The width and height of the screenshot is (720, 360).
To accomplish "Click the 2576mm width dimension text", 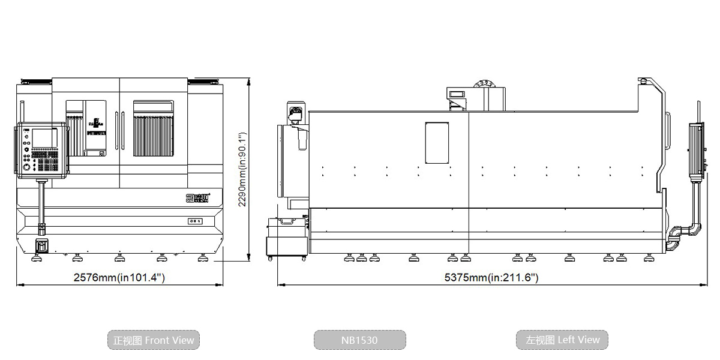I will [x=119, y=277].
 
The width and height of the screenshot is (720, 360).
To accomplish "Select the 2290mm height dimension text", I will [x=243, y=169].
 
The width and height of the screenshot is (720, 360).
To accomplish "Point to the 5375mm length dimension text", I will [x=491, y=277].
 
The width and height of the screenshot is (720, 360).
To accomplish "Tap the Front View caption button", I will [x=154, y=340].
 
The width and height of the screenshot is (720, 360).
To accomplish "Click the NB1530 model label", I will [x=359, y=340].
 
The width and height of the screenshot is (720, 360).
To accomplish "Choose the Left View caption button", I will [x=562, y=340].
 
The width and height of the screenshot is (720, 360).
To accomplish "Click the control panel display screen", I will [x=45, y=137].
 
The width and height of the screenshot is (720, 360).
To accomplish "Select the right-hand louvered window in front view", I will [x=153, y=128].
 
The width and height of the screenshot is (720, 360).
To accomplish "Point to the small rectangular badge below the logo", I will [x=195, y=221].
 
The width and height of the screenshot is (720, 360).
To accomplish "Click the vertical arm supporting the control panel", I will [x=41, y=204].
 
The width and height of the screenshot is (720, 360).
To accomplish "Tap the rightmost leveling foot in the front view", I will [x=203, y=259].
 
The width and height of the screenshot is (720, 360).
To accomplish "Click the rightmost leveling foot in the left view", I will [x=649, y=259].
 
